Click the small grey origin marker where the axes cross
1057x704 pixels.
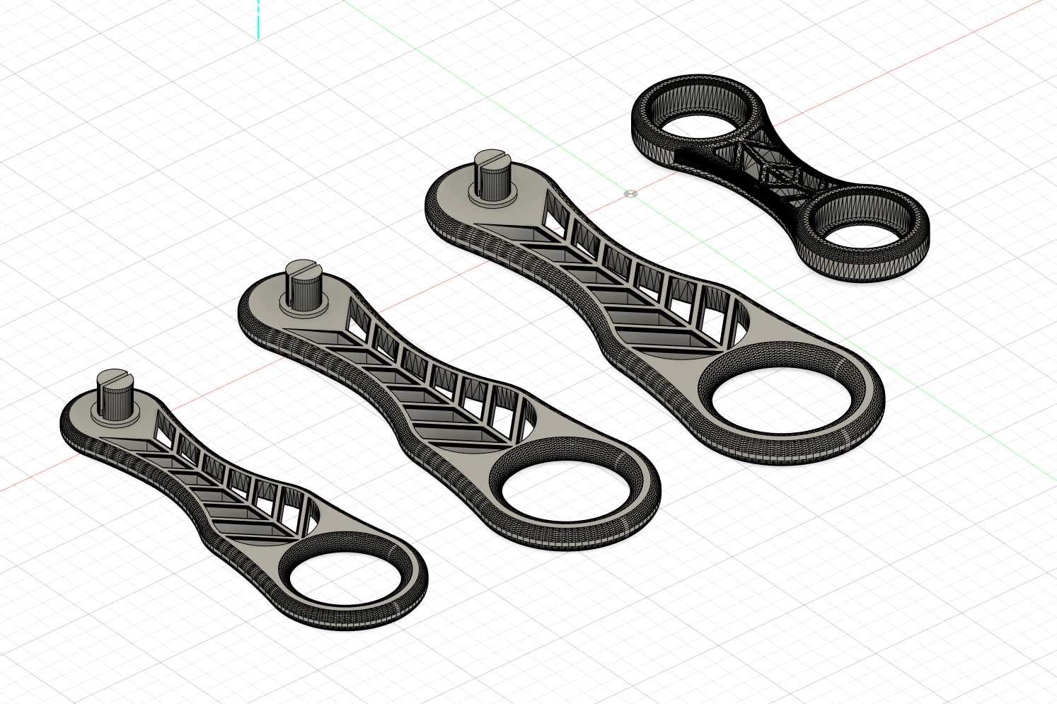630,193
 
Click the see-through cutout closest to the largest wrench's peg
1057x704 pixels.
556,217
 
